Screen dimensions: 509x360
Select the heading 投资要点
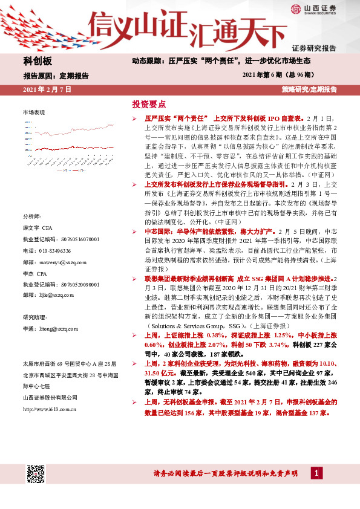pyautogui.click(x=149, y=103)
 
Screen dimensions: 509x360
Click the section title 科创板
pyautogui.click(x=38, y=62)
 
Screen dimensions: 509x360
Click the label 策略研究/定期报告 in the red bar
pyautogui.click(x=309, y=89)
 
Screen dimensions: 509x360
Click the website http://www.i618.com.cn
pyautogui.click(x=50, y=409)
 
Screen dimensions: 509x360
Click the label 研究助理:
pyautogui.click(x=36, y=317)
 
